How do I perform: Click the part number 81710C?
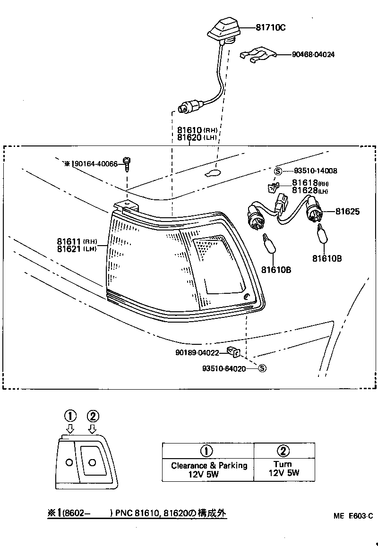271,27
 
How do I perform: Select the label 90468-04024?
310,54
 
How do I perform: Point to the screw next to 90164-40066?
127,165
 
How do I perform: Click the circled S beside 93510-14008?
278,171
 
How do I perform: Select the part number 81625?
347,212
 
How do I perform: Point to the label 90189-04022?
197,352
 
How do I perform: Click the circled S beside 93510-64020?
262,368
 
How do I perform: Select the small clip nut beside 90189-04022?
234,351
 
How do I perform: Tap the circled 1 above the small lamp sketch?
70,416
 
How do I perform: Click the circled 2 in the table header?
283,450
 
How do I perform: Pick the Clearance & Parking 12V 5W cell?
208,470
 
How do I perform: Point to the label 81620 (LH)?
197,137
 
